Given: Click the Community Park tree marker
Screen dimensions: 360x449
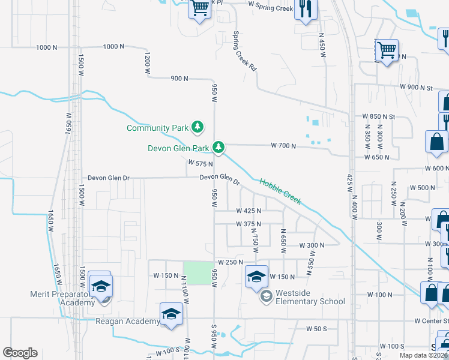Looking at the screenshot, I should tap(197, 127).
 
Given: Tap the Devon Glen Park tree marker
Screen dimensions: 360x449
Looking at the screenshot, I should tap(219, 147).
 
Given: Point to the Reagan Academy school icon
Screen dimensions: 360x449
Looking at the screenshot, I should tap(171, 314).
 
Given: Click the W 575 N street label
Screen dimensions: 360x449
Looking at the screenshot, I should tap(200, 163).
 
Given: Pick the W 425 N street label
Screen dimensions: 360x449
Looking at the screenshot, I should tap(249, 211).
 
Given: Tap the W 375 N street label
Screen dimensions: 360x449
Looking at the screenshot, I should tap(249, 224).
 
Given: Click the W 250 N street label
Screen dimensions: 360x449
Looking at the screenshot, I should tap(231, 262).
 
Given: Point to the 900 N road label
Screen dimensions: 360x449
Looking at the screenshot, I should tap(179, 79).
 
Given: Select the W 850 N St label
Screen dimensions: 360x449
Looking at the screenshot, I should tap(379, 116).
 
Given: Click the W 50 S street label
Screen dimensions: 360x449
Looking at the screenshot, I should tap(316, 329).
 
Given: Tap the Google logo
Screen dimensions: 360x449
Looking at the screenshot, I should tap(20, 352).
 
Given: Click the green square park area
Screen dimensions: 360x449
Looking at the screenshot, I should tap(198, 269).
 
